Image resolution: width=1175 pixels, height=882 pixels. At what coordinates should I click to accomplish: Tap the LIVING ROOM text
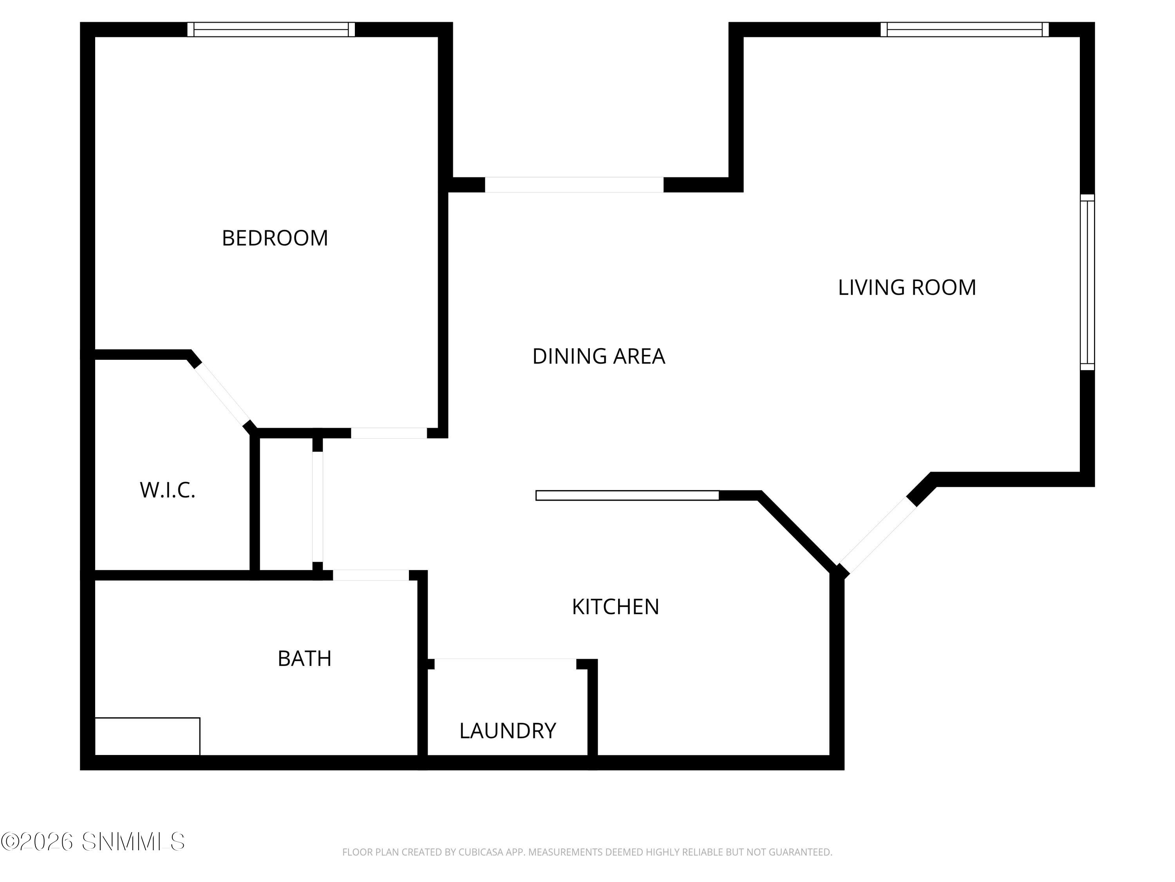click(906, 288)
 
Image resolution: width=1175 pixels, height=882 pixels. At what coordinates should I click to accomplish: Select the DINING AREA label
click(598, 356)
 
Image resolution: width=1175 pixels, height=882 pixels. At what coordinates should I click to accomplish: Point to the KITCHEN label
click(615, 606)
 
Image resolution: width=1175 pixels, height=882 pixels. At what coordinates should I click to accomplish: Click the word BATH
click(304, 659)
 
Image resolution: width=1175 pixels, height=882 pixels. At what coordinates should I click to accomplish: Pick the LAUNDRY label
click(507, 731)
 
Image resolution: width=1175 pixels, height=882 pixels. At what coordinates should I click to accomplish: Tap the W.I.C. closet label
click(167, 490)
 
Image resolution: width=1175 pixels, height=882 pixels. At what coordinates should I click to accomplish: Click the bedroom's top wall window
click(271, 29)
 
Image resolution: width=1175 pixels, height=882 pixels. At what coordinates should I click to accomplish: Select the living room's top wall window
click(964, 29)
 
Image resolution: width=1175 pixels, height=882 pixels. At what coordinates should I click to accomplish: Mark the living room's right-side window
click(1087, 282)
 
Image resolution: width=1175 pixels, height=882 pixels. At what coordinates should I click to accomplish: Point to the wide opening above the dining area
click(574, 185)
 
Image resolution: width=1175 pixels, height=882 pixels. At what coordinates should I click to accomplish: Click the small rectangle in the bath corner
click(147, 736)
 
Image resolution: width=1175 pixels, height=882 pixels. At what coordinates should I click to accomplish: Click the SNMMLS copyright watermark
click(93, 842)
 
